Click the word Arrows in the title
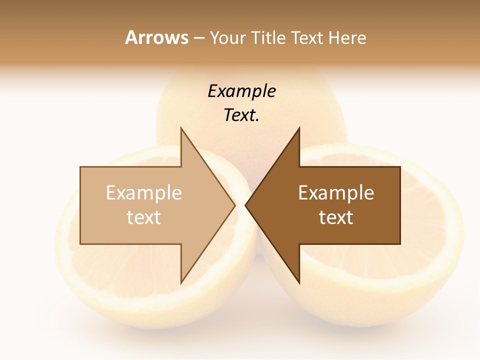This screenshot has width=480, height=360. click(x=156, y=38)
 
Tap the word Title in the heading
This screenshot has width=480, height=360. click(x=267, y=38)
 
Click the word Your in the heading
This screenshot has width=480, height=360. click(x=227, y=38)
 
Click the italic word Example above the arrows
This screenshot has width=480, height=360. click(x=241, y=91)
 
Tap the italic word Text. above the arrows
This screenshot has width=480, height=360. click(x=241, y=115)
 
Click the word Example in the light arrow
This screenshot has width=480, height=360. click(x=144, y=193)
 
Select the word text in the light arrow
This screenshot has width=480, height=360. click(x=144, y=217)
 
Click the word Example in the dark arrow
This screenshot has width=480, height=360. click(x=336, y=193)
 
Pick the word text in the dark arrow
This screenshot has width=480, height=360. click(x=336, y=217)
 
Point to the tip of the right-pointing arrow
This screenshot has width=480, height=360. click(x=235, y=205)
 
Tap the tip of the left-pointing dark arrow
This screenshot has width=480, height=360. click(x=245, y=205)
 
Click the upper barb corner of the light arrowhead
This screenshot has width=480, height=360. click(x=181, y=128)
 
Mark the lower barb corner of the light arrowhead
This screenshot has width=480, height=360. click(x=181, y=282)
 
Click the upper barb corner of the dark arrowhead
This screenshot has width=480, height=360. click(x=299, y=128)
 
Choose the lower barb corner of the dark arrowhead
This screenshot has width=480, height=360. click(x=299, y=282)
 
